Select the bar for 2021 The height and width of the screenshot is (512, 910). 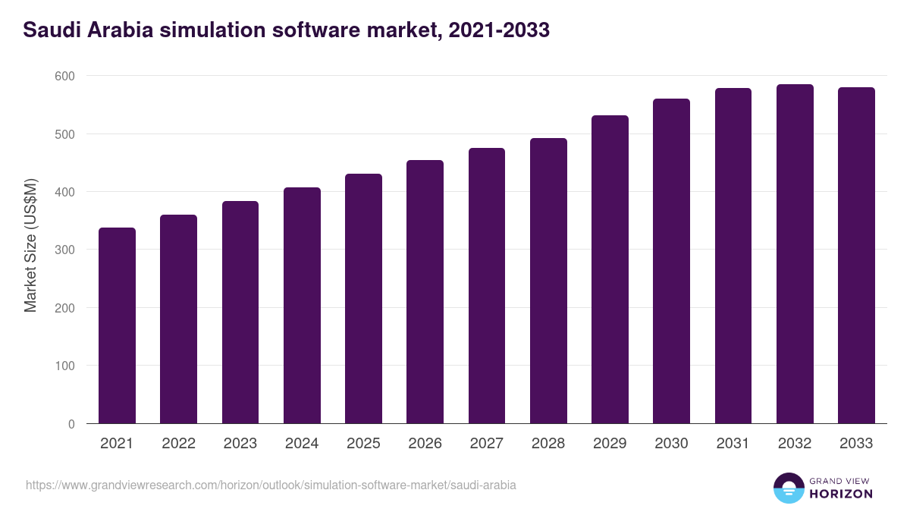[117, 326]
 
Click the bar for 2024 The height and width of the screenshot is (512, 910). [302, 306]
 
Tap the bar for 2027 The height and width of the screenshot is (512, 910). [487, 286]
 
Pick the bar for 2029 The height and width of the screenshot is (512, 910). [610, 269]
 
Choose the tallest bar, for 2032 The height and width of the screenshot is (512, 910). [795, 254]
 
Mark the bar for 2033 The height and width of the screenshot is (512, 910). [856, 256]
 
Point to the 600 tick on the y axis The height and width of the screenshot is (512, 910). [64, 76]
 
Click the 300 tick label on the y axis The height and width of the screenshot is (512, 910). [64, 250]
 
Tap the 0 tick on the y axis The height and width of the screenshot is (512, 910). [71, 424]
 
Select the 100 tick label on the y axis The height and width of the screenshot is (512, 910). [64, 366]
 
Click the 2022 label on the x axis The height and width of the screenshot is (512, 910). [178, 444]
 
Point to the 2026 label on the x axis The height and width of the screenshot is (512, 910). [425, 444]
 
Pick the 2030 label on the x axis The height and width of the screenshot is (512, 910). [671, 444]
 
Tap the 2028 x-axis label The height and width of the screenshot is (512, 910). [548, 444]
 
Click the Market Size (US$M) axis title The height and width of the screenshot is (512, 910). [30, 245]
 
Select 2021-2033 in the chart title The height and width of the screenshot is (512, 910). [499, 30]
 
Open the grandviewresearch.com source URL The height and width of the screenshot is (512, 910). [271, 485]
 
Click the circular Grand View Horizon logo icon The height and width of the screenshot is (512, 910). [789, 488]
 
